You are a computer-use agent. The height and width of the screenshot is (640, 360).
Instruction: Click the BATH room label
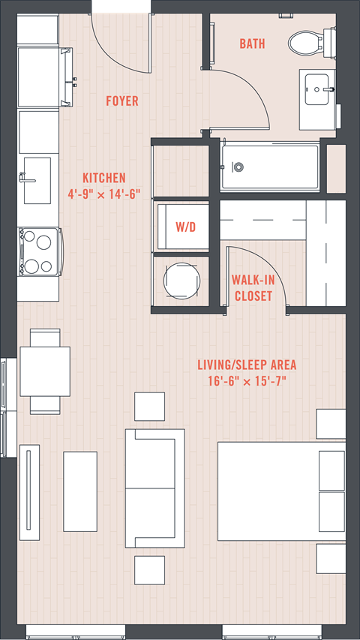pyautogui.click(x=252, y=44)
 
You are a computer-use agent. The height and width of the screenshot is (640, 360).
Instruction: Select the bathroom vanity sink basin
pyautogui.click(x=316, y=89)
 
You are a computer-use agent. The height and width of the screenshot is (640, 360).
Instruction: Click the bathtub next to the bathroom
pyautogui.click(x=270, y=166)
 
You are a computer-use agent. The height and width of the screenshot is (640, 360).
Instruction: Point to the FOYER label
pyautogui.click(x=122, y=101)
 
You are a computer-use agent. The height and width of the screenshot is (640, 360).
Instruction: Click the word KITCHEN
pyautogui.click(x=104, y=178)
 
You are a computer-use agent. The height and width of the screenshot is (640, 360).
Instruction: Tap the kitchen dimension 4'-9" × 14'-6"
pyautogui.click(x=104, y=194)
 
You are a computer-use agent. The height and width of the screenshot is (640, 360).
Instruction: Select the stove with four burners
pyautogui.click(x=40, y=252)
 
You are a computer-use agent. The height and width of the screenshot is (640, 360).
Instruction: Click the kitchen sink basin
pyautogui.click(x=37, y=180)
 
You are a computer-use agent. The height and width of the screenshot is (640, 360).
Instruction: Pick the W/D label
pyautogui.click(x=186, y=227)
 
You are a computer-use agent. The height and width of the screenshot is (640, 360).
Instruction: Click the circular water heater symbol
pyautogui.click(x=182, y=280)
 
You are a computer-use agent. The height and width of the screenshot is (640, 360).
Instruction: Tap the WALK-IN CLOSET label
pyautogui.click(x=253, y=288)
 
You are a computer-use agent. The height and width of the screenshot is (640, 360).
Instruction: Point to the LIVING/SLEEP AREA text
pyautogui.click(x=247, y=365)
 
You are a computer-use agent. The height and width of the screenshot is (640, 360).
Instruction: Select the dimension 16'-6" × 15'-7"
pyautogui.click(x=247, y=381)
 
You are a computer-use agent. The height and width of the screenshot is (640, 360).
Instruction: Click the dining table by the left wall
pyautogui.click(x=45, y=371)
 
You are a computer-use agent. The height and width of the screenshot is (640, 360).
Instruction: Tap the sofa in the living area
pyautogui.click(x=154, y=488)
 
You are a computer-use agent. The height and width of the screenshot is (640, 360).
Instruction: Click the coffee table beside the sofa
pyautogui.click(x=80, y=491)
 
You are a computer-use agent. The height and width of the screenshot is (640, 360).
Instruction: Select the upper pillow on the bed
pyautogui.click(x=331, y=470)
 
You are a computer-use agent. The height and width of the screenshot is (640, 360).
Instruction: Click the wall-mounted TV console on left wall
pyautogui.click(x=29, y=492)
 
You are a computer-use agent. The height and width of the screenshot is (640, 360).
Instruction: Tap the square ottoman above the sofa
pyautogui.click(x=150, y=407)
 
